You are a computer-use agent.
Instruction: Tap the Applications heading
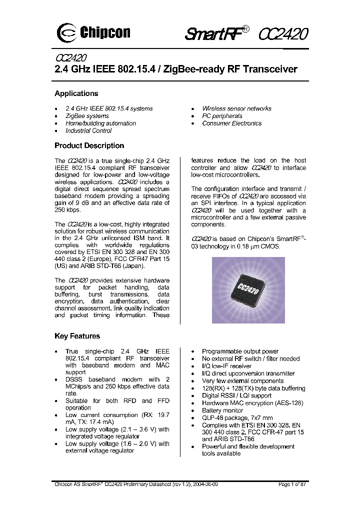pyautogui.click(x=76, y=93)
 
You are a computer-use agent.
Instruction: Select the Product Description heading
pyautogui.click(x=89, y=146)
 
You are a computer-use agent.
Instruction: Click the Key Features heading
pyautogui.click(x=77, y=336)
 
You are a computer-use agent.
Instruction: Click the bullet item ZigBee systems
pyautogui.click(x=87, y=116)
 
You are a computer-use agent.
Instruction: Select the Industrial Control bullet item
pyautogui.click(x=88, y=131)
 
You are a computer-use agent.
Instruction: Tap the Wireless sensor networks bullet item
pyautogui.click(x=236, y=108)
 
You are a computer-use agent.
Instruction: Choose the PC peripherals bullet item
pyautogui.click(x=222, y=116)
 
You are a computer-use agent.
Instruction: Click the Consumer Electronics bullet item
pyautogui.click(x=231, y=123)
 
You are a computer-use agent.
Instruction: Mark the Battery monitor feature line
pyautogui.click(x=222, y=410)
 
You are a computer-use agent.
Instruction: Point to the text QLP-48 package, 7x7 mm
pyautogui.click(x=237, y=418)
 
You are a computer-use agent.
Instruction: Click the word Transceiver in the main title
pyautogui.click(x=270, y=69)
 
